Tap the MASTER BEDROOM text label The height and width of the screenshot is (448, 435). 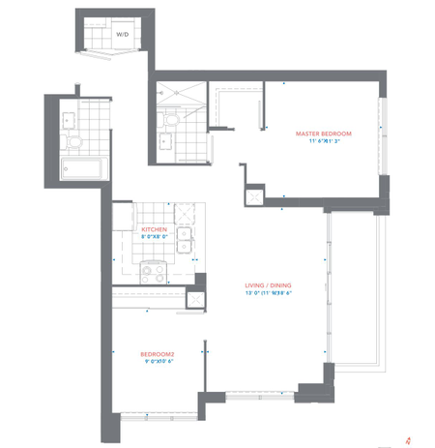tap(323, 132)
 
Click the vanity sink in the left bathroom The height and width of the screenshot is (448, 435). tap(67, 120)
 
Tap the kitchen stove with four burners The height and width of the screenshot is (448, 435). tap(153, 272)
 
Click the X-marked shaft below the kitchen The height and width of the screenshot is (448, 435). tap(195, 299)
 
